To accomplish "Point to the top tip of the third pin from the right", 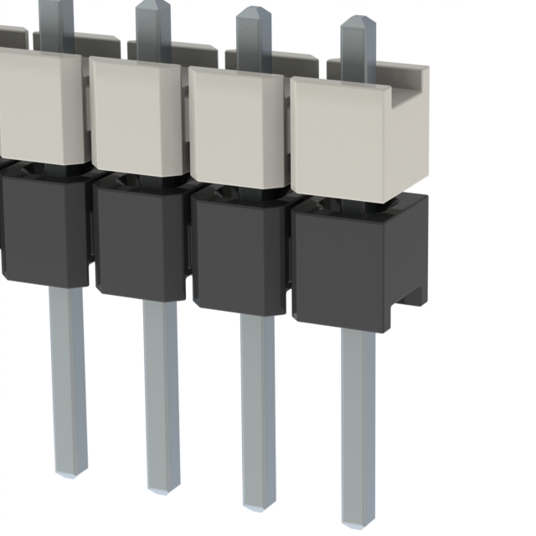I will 153,5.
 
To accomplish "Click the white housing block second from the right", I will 239,121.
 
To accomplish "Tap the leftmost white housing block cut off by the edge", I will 38,105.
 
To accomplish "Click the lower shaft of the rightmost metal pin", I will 358,419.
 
